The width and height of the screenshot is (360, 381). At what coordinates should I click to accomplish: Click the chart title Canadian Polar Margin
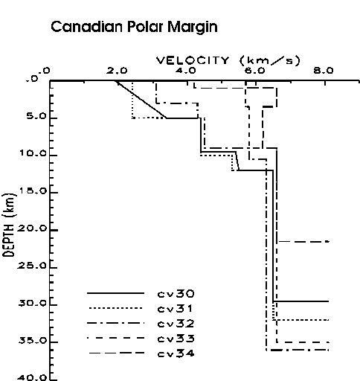134,27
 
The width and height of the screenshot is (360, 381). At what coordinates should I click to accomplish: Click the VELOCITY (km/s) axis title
228,60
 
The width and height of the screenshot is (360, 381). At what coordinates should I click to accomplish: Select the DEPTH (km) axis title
10,225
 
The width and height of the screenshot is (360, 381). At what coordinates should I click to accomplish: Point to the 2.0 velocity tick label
117,71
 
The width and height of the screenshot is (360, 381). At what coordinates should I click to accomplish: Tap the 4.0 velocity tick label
186,71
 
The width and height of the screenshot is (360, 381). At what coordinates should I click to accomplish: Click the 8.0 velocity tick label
324,71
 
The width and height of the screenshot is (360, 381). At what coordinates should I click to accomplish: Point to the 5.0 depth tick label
36,116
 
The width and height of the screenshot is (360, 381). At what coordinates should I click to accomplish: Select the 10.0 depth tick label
33,153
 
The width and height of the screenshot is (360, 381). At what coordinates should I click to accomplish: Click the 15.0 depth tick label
33,190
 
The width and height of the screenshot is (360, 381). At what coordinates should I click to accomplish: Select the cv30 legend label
176,294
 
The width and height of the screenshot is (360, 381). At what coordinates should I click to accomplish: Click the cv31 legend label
175,309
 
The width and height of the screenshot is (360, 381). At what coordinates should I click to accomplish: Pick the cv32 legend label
176,324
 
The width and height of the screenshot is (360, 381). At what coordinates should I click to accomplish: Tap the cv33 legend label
176,339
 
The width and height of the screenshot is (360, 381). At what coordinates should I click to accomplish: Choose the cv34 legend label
176,353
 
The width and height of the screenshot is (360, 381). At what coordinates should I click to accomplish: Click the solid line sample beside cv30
115,293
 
